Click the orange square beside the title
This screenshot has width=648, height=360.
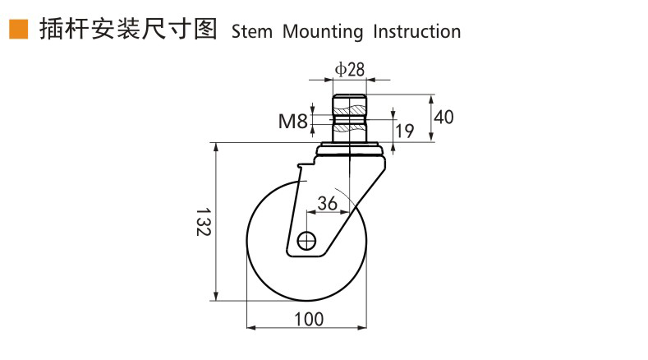coord(17,30)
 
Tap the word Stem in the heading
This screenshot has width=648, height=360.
coord(253,32)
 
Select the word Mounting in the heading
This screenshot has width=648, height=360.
coord(323,32)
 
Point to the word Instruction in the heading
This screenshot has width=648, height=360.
coord(416,32)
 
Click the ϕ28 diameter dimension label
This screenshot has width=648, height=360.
coord(350,69)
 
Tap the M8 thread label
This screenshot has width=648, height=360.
coord(292,122)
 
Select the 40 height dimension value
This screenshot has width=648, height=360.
coord(443,117)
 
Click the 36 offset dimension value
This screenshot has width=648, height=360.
coord(327,203)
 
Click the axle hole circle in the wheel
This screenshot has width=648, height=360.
coord(307,241)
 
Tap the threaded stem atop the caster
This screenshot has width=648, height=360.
coord(350,119)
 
